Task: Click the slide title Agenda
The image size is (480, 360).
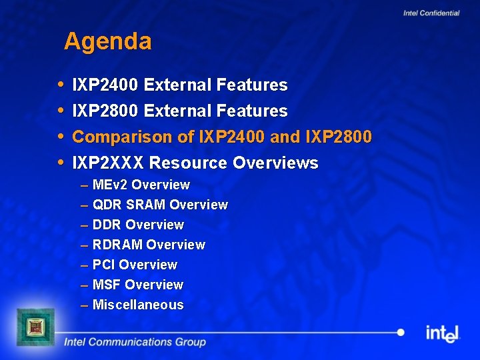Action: pyautogui.click(x=108, y=42)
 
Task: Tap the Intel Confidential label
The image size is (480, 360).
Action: pyautogui.click(x=431, y=13)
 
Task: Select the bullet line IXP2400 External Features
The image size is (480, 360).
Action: pyautogui.click(x=179, y=85)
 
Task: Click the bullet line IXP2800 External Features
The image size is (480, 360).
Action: pyautogui.click(x=179, y=111)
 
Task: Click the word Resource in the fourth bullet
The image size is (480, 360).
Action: pyautogui.click(x=188, y=163)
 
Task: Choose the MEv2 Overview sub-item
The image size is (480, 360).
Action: pyautogui.click(x=141, y=185)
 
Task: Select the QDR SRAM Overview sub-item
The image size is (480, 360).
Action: pyautogui.click(x=160, y=205)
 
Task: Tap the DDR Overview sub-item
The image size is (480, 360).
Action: pyautogui.click(x=138, y=225)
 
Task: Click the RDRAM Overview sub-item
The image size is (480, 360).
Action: pyautogui.click(x=149, y=245)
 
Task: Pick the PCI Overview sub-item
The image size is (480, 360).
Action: pyautogui.click(x=135, y=265)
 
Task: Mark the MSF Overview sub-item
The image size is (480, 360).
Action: pyautogui.click(x=138, y=285)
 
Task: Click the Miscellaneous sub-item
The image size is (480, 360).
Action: pyautogui.click(x=138, y=305)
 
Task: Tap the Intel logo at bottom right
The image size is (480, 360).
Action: pyautogui.click(x=443, y=333)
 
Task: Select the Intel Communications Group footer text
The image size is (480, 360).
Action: pyautogui.click(x=135, y=342)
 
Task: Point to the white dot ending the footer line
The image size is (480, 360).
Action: pyautogui.click(x=401, y=332)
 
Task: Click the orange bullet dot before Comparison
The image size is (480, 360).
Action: pyautogui.click(x=61, y=137)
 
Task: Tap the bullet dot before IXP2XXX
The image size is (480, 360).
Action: pyautogui.click(x=61, y=163)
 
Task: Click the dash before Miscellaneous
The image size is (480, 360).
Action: pyautogui.click(x=85, y=305)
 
